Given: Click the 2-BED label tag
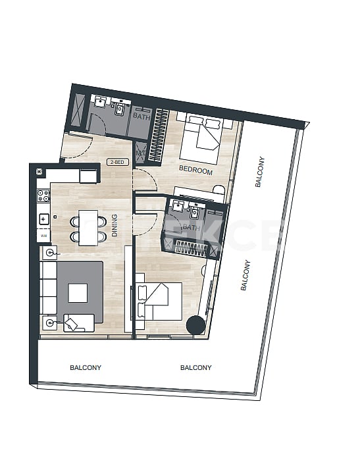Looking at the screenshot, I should click(x=118, y=161).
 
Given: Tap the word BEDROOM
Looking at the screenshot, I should click(x=196, y=170).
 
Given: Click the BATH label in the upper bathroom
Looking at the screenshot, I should click(x=141, y=117).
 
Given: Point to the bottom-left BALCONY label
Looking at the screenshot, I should click(x=86, y=368).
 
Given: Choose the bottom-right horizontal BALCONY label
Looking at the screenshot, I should click(x=195, y=368).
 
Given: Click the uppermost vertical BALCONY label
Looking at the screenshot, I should click(x=259, y=172).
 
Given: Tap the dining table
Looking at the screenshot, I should click(x=88, y=227).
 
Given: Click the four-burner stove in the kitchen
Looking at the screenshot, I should click(x=43, y=196).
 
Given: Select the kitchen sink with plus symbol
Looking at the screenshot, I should click(x=43, y=219).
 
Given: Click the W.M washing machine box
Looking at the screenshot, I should click(x=43, y=236).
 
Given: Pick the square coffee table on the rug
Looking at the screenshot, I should click(x=78, y=292).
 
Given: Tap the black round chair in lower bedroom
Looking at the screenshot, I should click(x=195, y=326).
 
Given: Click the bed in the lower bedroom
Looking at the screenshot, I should click(x=160, y=302).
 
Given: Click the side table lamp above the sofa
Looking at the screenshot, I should click(x=49, y=253).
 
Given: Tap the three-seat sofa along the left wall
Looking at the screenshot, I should click(x=49, y=287).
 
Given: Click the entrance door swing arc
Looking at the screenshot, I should click(x=77, y=147).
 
